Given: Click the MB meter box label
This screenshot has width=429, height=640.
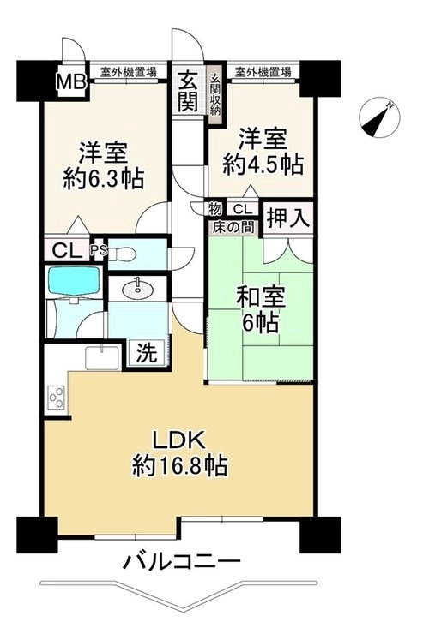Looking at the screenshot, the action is (71, 82).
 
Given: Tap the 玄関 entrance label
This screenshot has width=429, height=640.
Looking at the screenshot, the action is (189, 91).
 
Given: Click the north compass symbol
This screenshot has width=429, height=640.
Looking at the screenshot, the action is (379, 118).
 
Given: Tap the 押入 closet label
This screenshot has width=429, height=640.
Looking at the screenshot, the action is (288, 218).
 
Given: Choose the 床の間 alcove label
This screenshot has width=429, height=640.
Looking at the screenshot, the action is (233, 227).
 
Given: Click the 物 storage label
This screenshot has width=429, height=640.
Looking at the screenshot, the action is (214, 209).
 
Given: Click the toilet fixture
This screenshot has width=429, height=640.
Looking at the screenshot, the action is (123, 254).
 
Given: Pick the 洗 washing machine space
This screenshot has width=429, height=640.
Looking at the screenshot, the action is (147, 352).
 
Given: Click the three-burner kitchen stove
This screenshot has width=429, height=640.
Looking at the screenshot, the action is (57, 397).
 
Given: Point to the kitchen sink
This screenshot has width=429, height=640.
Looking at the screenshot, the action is (102, 357).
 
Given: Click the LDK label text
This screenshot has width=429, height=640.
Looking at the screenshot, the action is (178, 440).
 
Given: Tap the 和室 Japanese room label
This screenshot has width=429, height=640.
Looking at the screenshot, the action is (261, 297).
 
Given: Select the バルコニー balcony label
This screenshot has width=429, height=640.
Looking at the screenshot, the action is (181, 562).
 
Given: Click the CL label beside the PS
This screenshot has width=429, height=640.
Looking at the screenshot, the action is (67, 250).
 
